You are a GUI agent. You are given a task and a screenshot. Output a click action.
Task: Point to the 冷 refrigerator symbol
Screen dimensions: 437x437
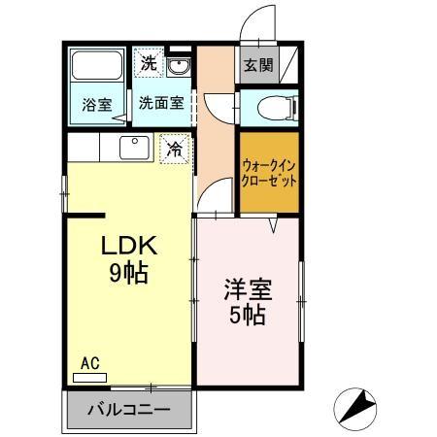[175, 150]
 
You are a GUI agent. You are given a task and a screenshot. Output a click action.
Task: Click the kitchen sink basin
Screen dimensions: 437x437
[132, 147]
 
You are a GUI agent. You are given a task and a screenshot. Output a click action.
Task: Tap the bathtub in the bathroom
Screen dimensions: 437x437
[96, 68]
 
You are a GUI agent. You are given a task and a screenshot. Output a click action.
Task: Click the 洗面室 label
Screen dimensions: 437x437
[157, 101]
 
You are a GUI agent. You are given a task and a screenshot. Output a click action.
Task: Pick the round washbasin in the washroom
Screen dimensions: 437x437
[178, 67]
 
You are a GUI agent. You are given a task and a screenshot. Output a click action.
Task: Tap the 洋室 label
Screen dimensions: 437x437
[248, 289]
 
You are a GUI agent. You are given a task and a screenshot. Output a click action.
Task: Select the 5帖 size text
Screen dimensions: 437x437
[248, 315]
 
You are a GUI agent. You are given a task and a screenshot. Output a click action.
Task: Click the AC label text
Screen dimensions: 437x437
[89, 364]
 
